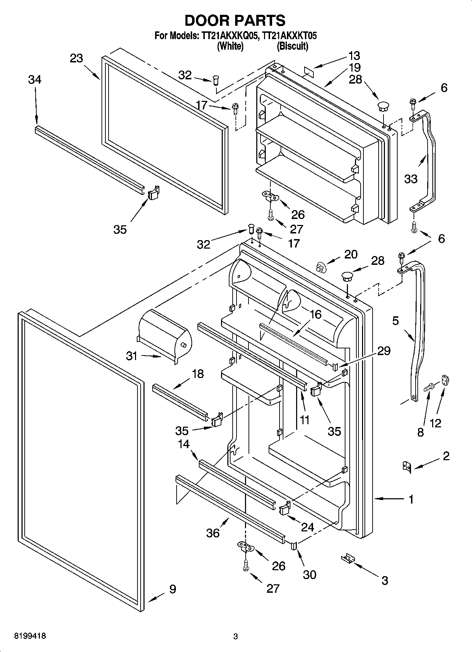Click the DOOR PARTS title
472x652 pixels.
click(x=235, y=20)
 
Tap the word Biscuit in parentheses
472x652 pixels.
click(x=292, y=46)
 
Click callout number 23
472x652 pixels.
click(x=76, y=58)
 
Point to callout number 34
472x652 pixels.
click(x=35, y=80)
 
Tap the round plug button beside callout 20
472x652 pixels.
click(x=320, y=268)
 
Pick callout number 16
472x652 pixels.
click(x=316, y=315)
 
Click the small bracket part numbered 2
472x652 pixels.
click(x=407, y=467)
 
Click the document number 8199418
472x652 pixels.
click(x=30, y=636)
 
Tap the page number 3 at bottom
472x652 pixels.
click(x=235, y=637)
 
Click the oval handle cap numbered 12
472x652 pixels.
click(x=446, y=381)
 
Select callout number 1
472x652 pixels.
click(x=411, y=499)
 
